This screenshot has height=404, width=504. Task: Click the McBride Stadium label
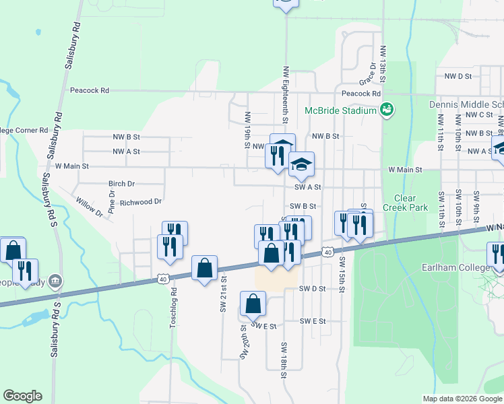[340, 110]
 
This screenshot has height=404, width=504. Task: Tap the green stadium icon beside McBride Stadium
[387, 110]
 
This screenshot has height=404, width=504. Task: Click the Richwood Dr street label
[140, 201]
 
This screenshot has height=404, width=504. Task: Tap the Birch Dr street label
[121, 183]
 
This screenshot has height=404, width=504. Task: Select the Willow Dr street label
[89, 207]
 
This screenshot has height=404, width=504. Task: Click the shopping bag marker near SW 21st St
[204, 269]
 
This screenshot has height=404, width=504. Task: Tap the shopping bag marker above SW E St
[253, 304]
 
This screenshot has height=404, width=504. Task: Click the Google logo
[22, 396]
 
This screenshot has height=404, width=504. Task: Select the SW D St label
[312, 288]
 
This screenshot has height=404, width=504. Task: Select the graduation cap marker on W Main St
[301, 164]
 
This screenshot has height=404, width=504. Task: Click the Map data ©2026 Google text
[462, 399]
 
